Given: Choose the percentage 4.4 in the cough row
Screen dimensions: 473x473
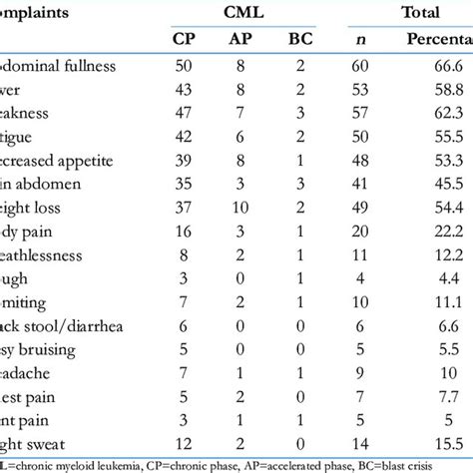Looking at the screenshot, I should click(448, 274).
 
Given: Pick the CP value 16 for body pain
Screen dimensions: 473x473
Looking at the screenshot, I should click(183, 229).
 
